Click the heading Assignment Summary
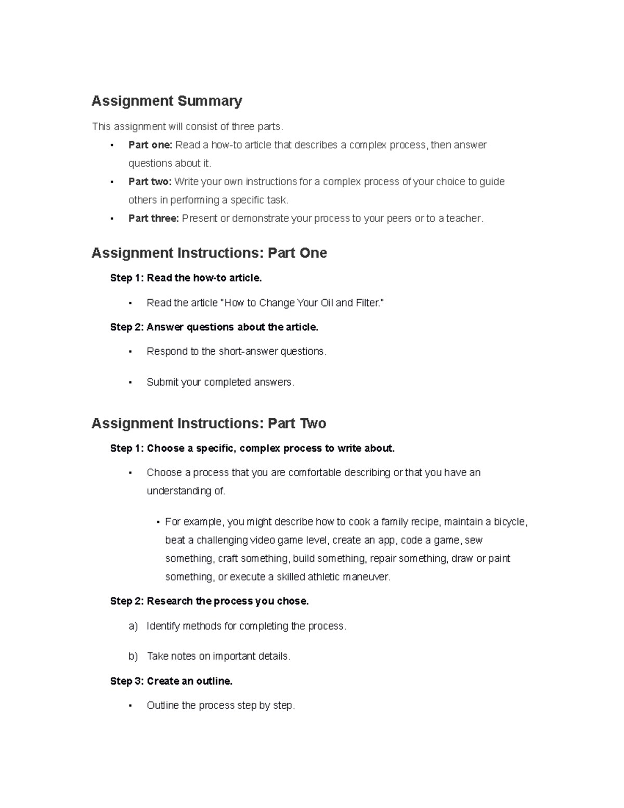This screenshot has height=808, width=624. click(166, 101)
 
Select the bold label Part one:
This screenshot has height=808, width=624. click(150, 145)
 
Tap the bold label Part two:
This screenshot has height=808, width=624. click(150, 182)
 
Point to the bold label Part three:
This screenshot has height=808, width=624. click(153, 219)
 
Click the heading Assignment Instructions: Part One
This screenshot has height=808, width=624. click(209, 253)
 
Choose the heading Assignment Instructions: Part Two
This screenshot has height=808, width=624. click(209, 424)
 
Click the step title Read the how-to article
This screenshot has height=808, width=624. click(204, 278)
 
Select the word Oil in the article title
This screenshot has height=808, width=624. click(326, 303)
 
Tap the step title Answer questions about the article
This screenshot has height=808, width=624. click(232, 327)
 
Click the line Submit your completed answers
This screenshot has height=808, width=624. click(220, 382)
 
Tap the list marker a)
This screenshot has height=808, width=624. click(133, 626)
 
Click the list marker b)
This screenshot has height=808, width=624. click(133, 657)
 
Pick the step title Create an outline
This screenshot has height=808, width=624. click(189, 681)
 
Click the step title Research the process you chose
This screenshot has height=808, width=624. click(228, 601)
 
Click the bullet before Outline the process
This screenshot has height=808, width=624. click(130, 706)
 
